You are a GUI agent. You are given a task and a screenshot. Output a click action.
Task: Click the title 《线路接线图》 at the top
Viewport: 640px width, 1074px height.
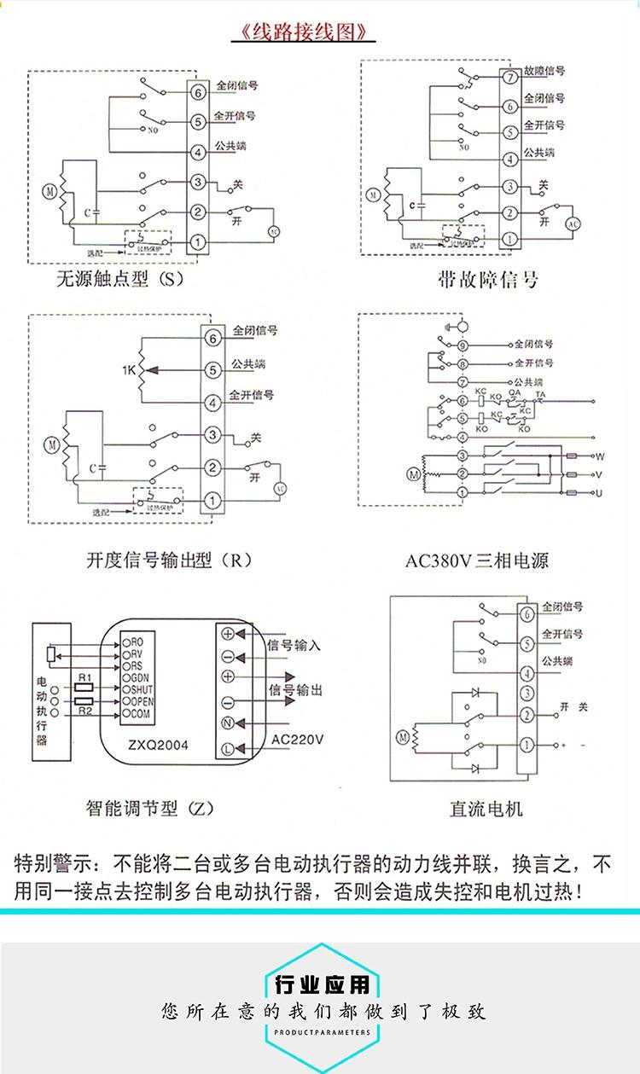coord(305,33)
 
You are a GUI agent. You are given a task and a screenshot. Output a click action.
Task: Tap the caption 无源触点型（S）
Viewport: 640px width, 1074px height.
coord(119,280)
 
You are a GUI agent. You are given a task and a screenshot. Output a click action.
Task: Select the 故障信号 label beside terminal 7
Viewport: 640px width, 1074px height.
coord(544,72)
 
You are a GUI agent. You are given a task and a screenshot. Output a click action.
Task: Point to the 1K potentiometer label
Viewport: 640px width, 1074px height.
coord(128,369)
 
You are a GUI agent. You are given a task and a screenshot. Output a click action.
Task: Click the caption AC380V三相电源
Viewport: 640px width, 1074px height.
coord(476,560)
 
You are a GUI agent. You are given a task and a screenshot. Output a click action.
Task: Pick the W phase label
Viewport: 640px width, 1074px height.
coord(599,456)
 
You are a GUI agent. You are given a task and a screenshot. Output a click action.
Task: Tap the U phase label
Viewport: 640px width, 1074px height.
coord(599,494)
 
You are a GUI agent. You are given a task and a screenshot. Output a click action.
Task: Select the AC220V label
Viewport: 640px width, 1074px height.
coord(297,740)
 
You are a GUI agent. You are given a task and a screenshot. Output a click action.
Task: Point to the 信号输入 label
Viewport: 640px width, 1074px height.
coord(294,645)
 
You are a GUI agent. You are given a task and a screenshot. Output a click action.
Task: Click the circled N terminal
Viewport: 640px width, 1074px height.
coord(228,723)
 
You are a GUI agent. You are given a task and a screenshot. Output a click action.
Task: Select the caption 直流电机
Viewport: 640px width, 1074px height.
coord(486,808)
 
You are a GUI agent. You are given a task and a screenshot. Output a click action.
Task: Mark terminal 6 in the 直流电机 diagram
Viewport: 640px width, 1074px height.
coord(528,613)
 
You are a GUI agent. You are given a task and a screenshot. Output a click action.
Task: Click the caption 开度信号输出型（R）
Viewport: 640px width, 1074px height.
coord(169,560)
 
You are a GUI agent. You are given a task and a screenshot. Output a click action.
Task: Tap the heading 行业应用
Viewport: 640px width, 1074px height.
coord(323,986)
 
